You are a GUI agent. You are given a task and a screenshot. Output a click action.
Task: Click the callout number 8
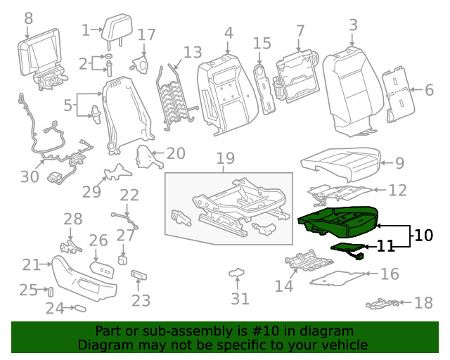pos(28,17)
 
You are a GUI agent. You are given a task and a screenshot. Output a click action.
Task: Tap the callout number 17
pos(146,35)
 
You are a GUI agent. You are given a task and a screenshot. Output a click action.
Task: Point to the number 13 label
pos(192,53)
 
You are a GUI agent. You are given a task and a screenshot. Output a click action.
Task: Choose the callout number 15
pos(262,44)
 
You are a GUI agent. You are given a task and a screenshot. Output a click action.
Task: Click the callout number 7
pos(300,31)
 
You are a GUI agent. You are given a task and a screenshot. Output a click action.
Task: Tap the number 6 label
pos(430,89)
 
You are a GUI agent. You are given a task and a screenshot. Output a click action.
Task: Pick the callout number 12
pos(397,190)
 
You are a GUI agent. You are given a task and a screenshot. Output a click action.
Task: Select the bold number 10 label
pos(424,236)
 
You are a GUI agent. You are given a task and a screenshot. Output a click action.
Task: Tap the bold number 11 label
pos(386,246)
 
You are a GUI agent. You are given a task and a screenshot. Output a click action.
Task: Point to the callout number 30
pos(30,176)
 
